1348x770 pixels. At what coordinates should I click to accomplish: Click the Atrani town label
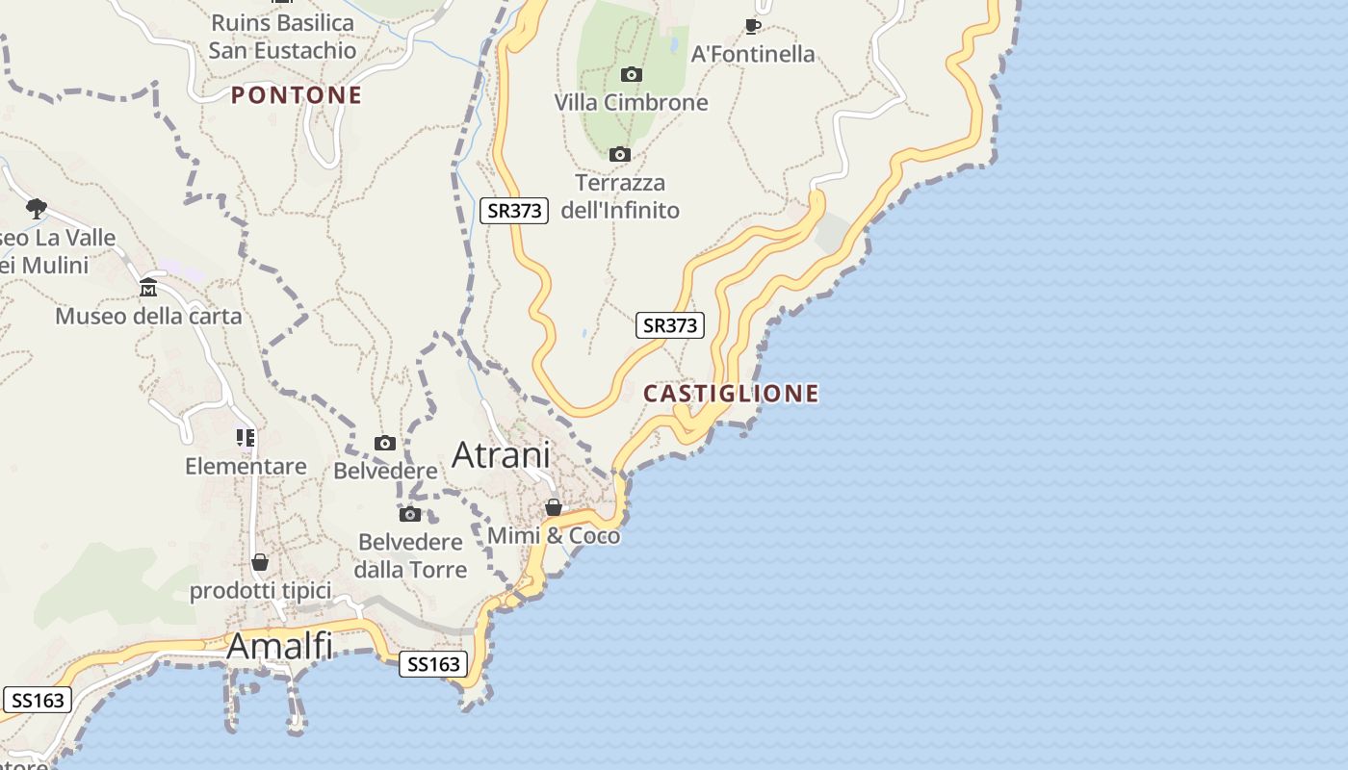tap(501, 455)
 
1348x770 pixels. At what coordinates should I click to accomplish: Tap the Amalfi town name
tap(279, 646)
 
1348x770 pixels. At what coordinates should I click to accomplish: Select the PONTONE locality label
tap(297, 94)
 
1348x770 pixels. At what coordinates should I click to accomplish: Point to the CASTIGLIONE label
tap(731, 393)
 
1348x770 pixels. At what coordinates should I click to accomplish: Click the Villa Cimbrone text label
tap(631, 102)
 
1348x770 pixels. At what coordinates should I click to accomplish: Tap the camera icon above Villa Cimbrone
tap(632, 74)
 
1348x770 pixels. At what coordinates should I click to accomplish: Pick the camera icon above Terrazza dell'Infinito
tap(620, 154)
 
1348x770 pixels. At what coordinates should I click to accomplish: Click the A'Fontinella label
tap(753, 54)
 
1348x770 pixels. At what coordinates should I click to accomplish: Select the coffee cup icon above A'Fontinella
tap(753, 26)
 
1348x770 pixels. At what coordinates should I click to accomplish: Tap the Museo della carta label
tap(148, 316)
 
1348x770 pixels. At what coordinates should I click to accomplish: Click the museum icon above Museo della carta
tap(148, 288)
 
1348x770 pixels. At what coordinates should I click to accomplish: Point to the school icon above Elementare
tap(246, 439)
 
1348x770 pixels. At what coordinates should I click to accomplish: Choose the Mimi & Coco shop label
tap(554, 535)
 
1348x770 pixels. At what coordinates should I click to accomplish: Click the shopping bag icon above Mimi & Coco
tap(554, 507)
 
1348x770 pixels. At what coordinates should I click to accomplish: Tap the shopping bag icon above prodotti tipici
tap(260, 562)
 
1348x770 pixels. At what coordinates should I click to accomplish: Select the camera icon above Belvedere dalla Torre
tap(410, 514)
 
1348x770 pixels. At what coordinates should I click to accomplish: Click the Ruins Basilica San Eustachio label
tap(282, 37)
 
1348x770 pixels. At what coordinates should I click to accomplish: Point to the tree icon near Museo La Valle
tap(37, 208)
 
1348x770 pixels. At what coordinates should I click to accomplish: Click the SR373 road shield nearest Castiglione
tap(670, 325)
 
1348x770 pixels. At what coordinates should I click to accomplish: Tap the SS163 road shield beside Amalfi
tap(433, 664)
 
